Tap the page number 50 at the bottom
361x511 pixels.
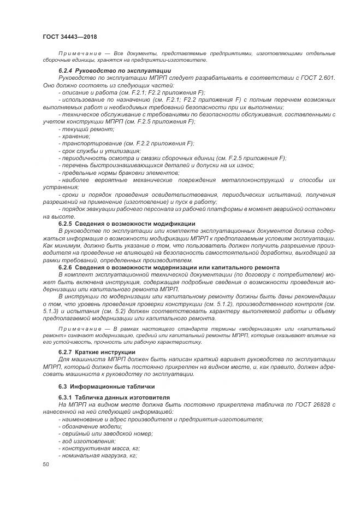tap(46, 464)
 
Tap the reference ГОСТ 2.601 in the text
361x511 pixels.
tap(317, 78)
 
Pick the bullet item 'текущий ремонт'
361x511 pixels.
tap(82, 128)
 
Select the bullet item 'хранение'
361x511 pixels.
tap(75, 136)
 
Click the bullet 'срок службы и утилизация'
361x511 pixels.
tap(100, 151)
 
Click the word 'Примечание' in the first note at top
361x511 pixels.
tap(77, 54)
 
